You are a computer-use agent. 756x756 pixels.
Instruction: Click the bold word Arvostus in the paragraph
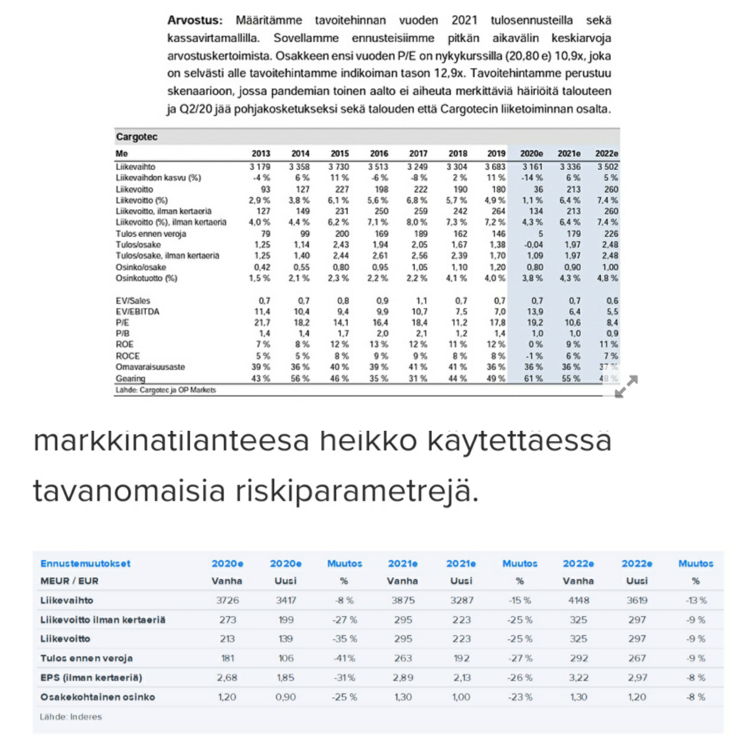click(195, 20)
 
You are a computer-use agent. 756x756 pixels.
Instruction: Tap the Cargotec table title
click(136, 137)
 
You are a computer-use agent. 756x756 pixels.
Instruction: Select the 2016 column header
click(379, 153)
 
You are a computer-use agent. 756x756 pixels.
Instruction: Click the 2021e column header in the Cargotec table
click(569, 153)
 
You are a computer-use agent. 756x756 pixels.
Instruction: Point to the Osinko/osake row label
click(141, 267)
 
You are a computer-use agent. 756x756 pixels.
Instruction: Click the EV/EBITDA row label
click(137, 311)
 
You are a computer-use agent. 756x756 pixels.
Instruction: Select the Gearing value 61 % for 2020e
click(533, 378)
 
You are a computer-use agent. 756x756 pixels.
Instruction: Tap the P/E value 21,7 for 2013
click(262, 322)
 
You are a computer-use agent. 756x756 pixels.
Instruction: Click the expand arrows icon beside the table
click(626, 386)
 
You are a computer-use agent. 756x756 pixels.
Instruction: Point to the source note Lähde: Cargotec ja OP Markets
click(165, 390)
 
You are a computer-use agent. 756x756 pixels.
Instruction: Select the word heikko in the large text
click(368, 441)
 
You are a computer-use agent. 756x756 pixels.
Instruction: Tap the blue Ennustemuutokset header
click(85, 563)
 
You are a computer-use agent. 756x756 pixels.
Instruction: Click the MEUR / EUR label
click(69, 581)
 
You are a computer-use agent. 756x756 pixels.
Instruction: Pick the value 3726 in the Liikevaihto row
click(227, 600)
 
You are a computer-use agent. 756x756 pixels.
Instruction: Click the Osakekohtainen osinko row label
click(98, 697)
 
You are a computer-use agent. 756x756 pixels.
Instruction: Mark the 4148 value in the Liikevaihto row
click(578, 600)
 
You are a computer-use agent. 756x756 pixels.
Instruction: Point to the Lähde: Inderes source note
click(71, 717)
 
